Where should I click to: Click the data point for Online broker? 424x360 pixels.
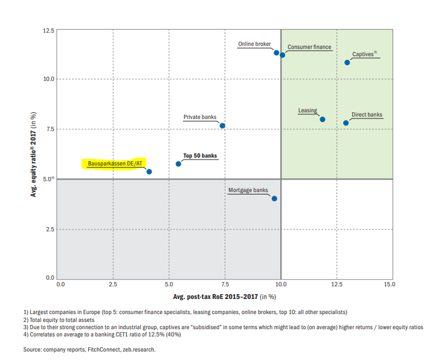(x=277, y=53)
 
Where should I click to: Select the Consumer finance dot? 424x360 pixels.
(x=282, y=55)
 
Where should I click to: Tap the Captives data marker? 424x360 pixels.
(x=347, y=62)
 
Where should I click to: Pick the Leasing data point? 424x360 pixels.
(x=323, y=119)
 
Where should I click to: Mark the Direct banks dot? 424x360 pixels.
(x=346, y=123)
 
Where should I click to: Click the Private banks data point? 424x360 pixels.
(x=222, y=126)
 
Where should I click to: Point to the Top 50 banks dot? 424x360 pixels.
(x=178, y=164)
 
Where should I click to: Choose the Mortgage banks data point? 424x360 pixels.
(x=274, y=198)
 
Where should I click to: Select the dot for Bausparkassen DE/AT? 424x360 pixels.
(x=149, y=172)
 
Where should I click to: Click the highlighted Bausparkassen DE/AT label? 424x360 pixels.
(x=115, y=164)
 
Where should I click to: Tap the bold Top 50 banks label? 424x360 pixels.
(x=200, y=156)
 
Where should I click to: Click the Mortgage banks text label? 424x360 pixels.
(x=248, y=190)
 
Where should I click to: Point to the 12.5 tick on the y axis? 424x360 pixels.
(x=47, y=30)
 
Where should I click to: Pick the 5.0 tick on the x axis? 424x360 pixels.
(x=169, y=283)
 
